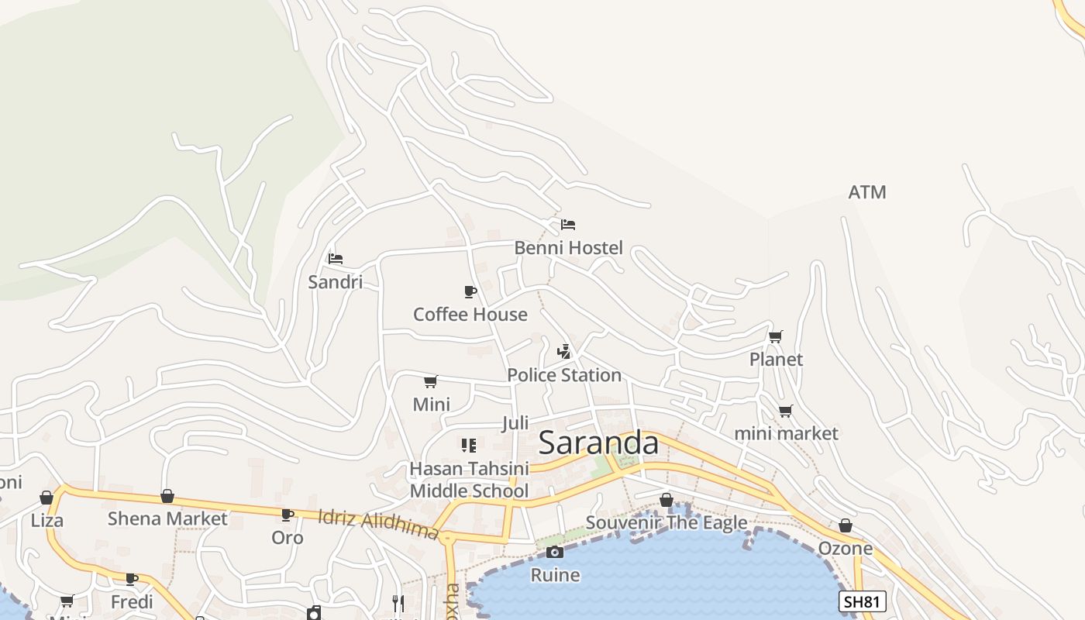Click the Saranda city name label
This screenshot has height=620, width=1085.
[598, 443]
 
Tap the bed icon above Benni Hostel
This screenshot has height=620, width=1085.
[568, 225]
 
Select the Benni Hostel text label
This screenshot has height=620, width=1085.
[569, 248]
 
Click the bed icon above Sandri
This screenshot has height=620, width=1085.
[336, 258]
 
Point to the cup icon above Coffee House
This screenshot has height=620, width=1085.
[470, 291]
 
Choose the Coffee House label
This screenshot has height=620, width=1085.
[470, 315]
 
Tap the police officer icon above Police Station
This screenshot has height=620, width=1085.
[564, 352]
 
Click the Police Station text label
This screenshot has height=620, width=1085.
[564, 375]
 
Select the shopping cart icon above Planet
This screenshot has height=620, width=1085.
[775, 336]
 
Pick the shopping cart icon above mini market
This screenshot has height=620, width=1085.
[786, 411]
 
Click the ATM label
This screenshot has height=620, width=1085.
[867, 192]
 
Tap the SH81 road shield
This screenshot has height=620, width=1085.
[862, 601]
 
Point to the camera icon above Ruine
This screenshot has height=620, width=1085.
[555, 552]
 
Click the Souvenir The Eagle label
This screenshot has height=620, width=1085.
[666, 522]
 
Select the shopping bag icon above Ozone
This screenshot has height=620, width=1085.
[846, 525]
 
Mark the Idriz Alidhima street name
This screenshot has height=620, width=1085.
[378, 524]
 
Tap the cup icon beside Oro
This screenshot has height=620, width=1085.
[288, 515]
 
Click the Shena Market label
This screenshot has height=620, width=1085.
[167, 518]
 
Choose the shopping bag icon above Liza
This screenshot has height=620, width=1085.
[46, 498]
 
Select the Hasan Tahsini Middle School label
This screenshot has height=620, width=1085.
[469, 480]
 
